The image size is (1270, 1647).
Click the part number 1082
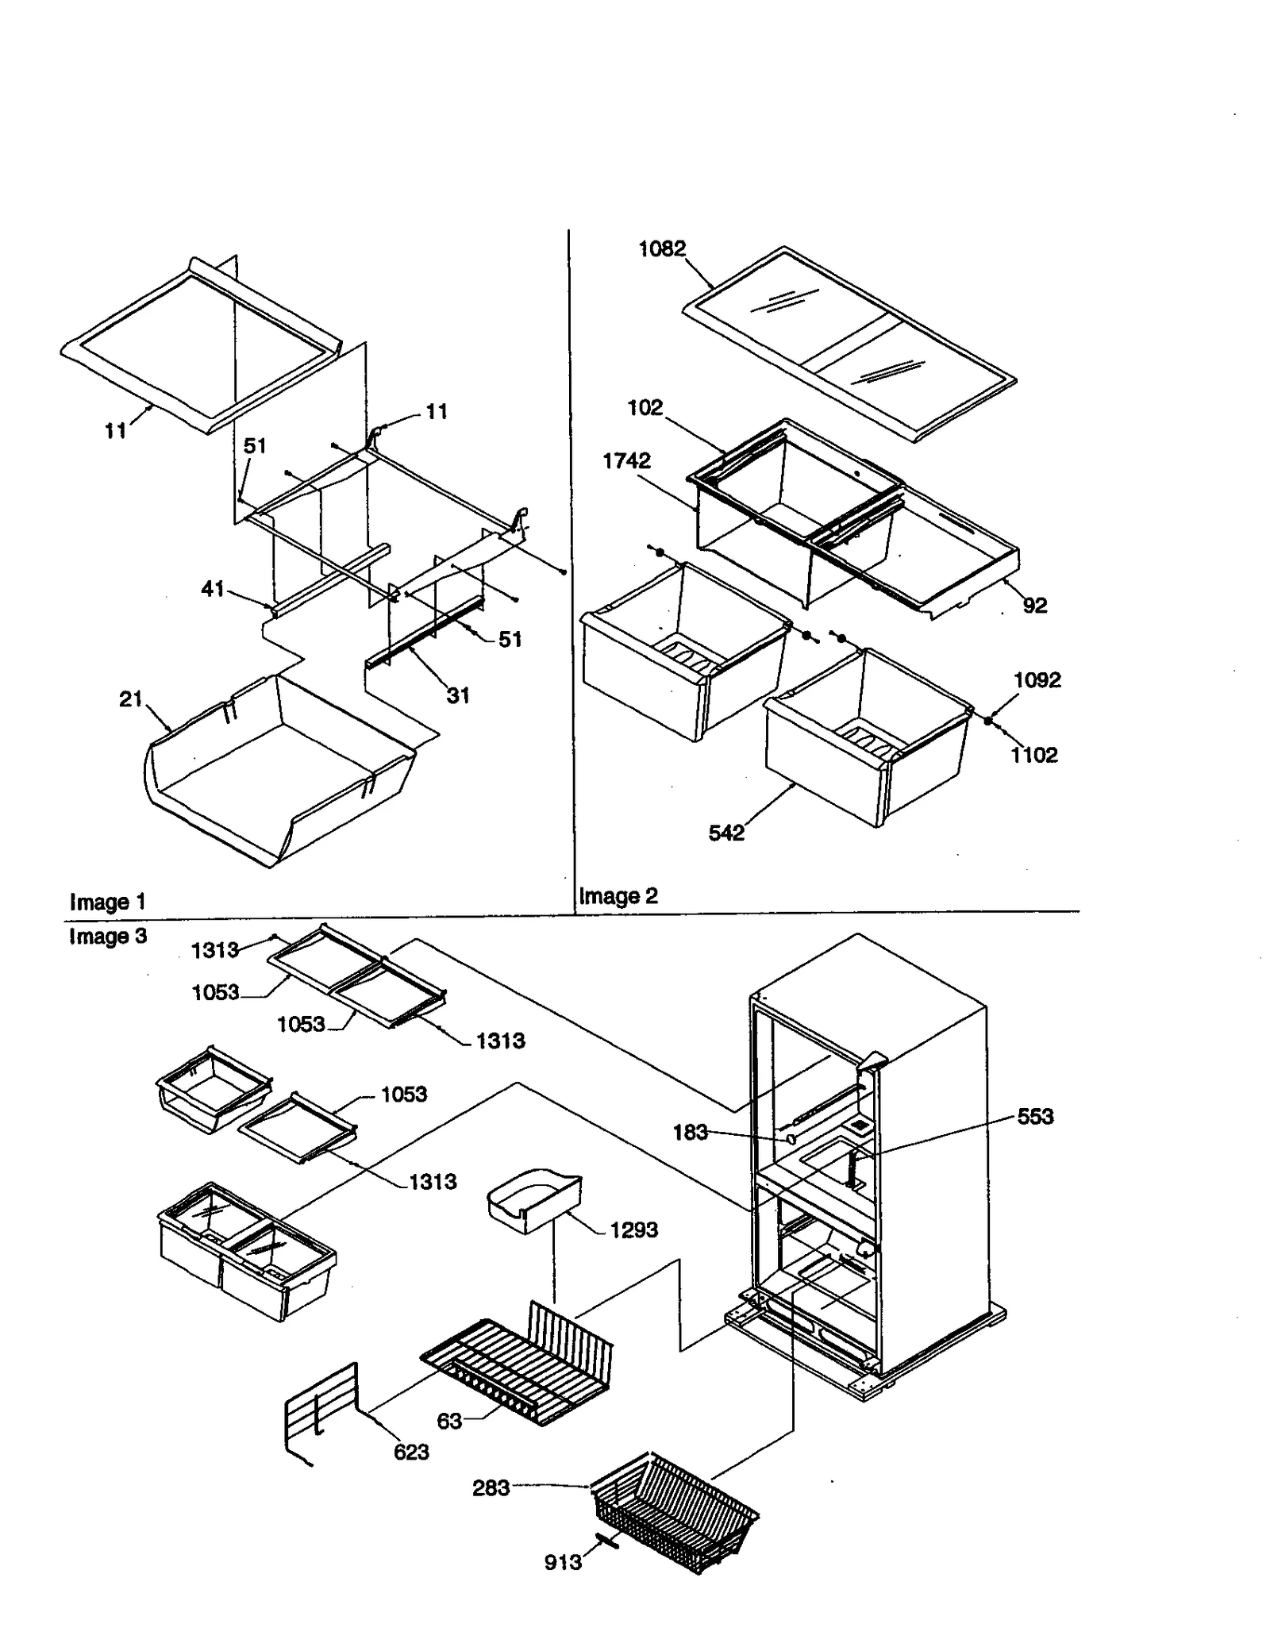click(x=661, y=249)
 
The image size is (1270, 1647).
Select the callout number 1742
click(x=626, y=461)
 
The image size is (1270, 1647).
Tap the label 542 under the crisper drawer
click(x=726, y=833)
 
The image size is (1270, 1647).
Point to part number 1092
click(x=1037, y=680)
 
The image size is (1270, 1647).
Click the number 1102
click(x=1033, y=755)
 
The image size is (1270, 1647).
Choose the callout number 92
click(x=1034, y=606)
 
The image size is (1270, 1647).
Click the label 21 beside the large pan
click(x=130, y=699)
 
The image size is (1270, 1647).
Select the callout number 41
click(x=212, y=589)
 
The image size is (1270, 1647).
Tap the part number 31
click(x=458, y=696)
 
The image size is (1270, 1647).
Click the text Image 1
click(x=107, y=902)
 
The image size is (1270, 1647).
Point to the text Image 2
click(x=618, y=896)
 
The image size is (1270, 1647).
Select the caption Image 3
click(x=107, y=937)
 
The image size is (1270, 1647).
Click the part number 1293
click(x=633, y=1230)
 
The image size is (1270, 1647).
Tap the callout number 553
click(x=1035, y=1117)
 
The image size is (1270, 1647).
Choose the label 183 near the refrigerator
click(x=690, y=1133)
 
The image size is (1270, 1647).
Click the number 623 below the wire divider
click(x=411, y=1453)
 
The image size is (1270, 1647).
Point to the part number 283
click(x=491, y=1488)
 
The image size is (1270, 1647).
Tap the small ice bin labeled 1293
click(x=532, y=1201)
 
